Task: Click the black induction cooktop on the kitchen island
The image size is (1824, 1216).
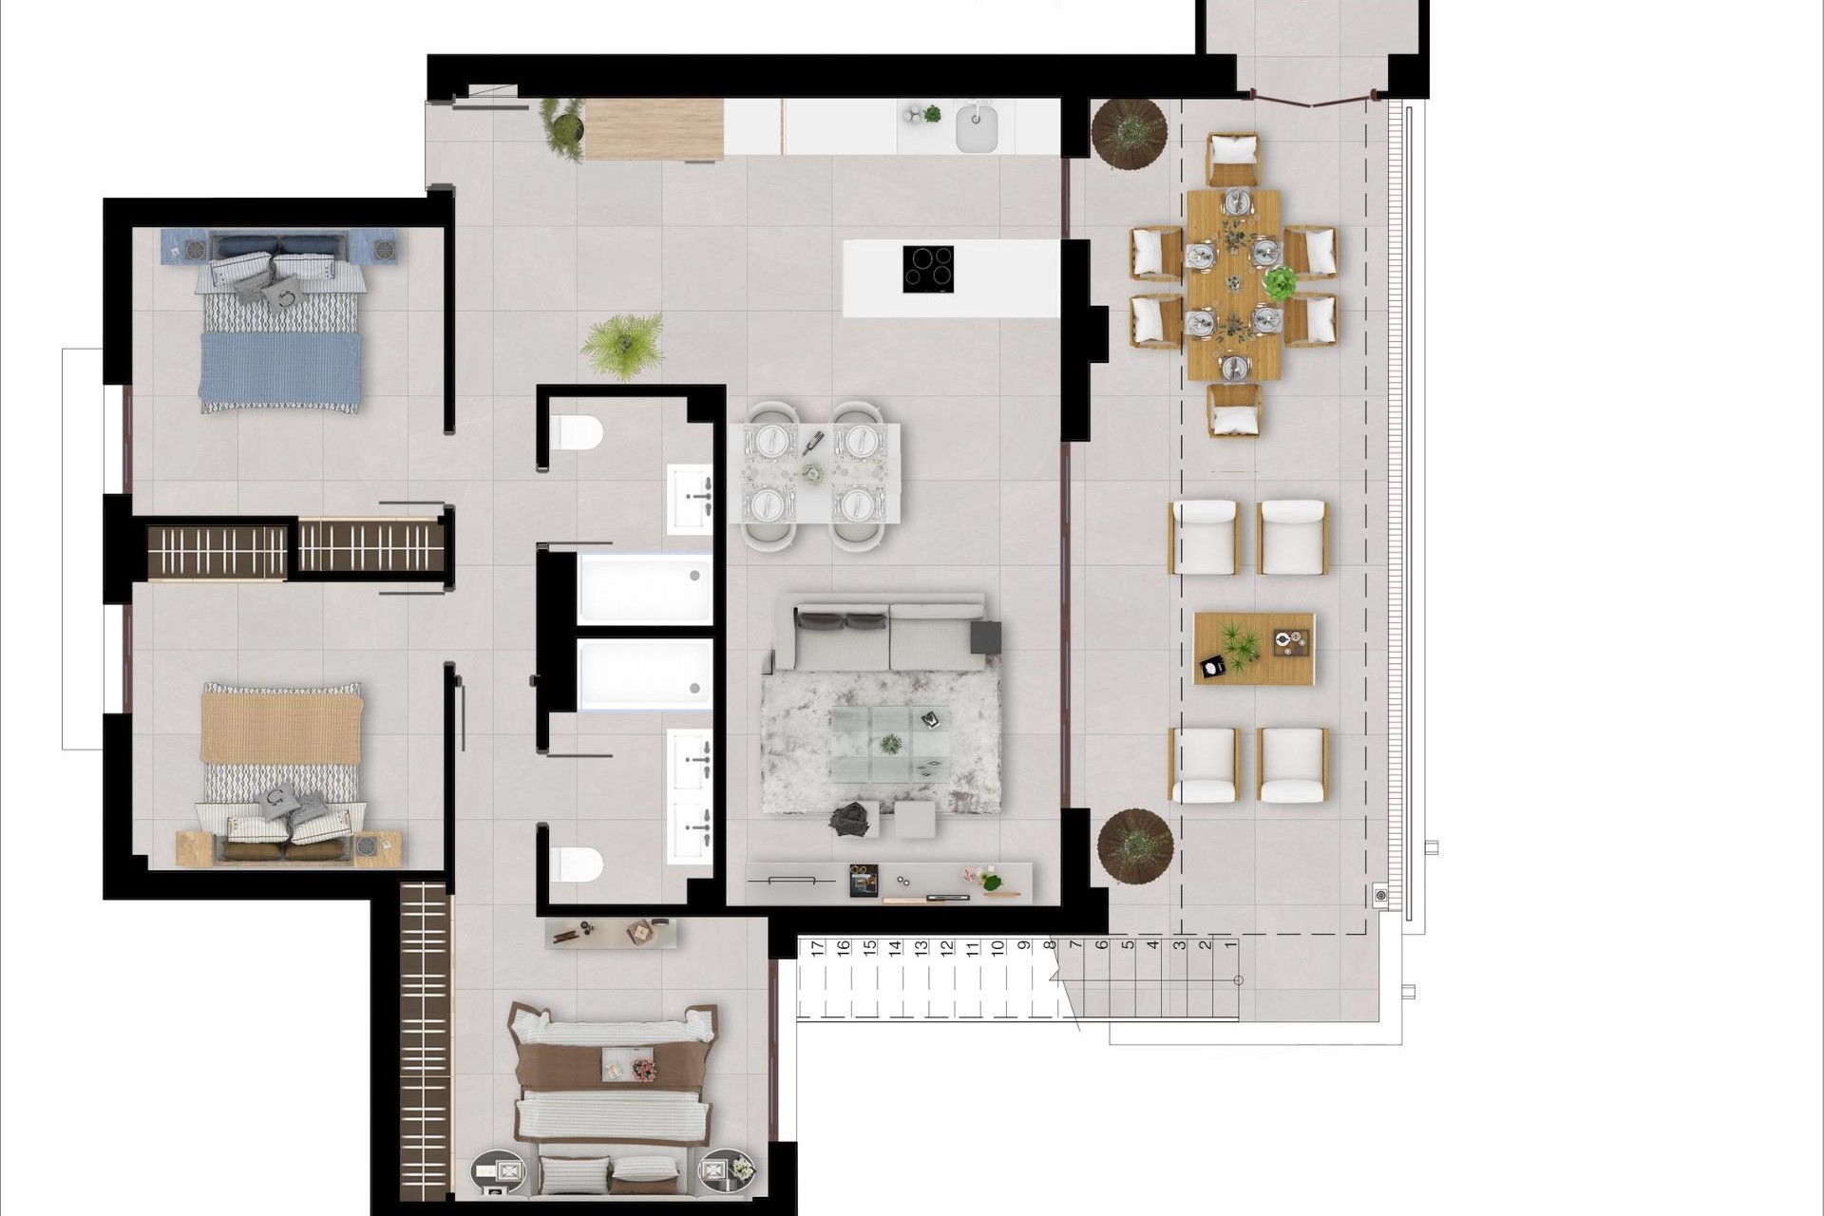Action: pos(927,269)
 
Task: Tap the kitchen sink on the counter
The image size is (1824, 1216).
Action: pos(975,127)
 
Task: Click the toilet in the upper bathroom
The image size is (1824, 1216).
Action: pos(576,433)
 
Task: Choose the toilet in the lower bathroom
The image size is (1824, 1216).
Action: pos(576,864)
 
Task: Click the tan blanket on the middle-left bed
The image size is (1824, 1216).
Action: pos(281,728)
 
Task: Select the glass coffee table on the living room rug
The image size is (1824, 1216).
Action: pos(889,743)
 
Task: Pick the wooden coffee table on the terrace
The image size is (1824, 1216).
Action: pos(1254,648)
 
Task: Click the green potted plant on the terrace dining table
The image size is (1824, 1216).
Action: pos(1280,282)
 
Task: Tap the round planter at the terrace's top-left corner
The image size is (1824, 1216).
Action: pos(1129,134)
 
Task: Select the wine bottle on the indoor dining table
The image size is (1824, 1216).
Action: pos(813,442)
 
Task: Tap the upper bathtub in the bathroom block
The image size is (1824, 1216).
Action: pos(644,589)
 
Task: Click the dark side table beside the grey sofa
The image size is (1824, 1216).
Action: pos(985,636)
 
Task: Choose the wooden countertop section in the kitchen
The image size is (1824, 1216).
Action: pos(654,129)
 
